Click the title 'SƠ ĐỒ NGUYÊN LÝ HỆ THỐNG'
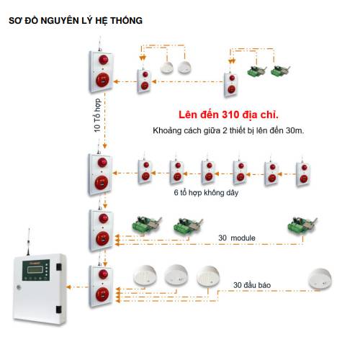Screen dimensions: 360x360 [x=76, y=21]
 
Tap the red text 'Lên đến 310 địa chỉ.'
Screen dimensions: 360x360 [x=228, y=114]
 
